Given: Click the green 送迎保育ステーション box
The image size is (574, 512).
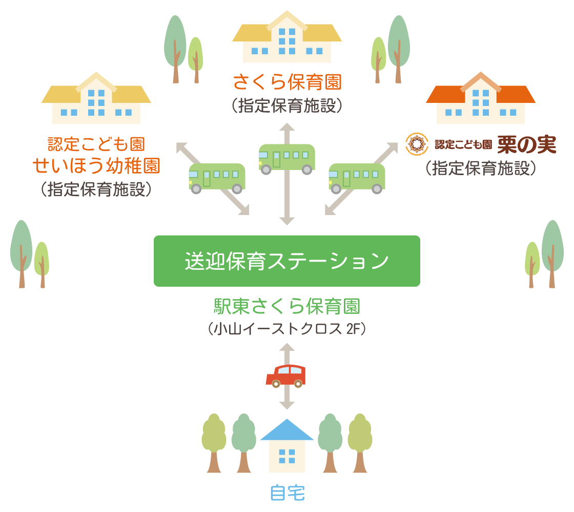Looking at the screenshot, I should pos(286,261).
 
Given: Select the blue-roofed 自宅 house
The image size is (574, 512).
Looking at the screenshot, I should pos(286,448).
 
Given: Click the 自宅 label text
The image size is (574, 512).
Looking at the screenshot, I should pos(287,493).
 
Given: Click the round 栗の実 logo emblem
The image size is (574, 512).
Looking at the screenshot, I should pos(417,144).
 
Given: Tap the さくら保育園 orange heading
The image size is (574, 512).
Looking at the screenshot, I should pos(287,82).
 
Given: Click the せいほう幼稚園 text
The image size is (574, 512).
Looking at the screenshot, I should pos(96,165).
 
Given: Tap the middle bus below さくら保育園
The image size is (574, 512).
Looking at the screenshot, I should pos(286,158).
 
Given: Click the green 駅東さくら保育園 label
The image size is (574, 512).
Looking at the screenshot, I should pos(287,307).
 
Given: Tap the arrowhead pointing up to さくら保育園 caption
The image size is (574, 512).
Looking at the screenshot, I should pos(287,127).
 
